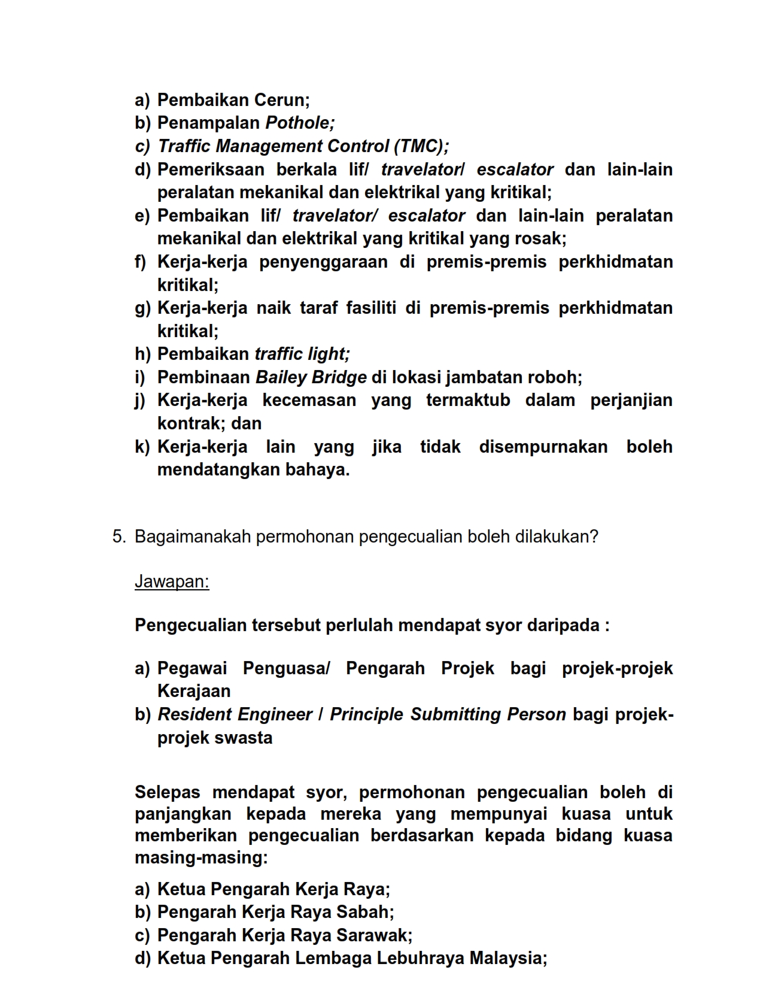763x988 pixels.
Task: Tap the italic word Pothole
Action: pos(299,123)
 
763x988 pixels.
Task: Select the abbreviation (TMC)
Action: pos(420,146)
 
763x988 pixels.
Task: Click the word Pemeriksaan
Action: pos(211,169)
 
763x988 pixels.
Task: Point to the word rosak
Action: pos(543,239)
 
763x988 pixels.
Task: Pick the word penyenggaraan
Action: pos(323,262)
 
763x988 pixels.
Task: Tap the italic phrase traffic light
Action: pos(302,354)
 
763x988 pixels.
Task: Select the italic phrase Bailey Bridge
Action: pos(311,378)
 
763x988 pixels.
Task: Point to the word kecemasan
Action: pos(309,401)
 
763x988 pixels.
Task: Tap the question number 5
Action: pos(118,537)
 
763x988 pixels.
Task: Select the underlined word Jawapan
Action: pos(171,581)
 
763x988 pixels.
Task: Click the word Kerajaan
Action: pos(194,692)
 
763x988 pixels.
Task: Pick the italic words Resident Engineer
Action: pos(235,715)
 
